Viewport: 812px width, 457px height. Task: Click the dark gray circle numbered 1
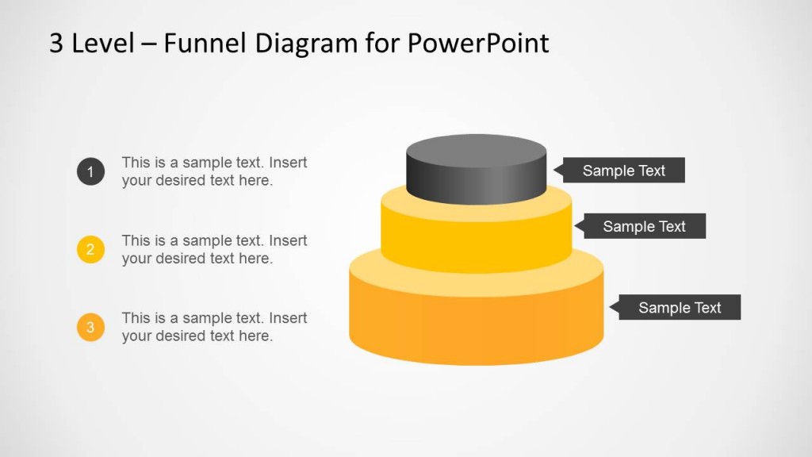[90, 171]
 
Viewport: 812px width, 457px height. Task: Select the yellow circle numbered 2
[90, 250]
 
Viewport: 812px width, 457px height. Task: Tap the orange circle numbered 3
[90, 327]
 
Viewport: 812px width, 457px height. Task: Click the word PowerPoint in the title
[478, 43]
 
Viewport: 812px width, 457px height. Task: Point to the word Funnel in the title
[205, 43]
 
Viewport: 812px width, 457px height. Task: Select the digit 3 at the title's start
[56, 43]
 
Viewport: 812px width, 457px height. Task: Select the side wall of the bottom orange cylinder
[476, 329]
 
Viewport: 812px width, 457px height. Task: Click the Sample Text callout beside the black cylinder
[623, 171]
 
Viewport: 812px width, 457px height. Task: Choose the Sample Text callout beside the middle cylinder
[644, 226]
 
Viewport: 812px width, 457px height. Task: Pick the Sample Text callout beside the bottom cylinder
[680, 308]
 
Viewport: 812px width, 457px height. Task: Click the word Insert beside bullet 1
[288, 163]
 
